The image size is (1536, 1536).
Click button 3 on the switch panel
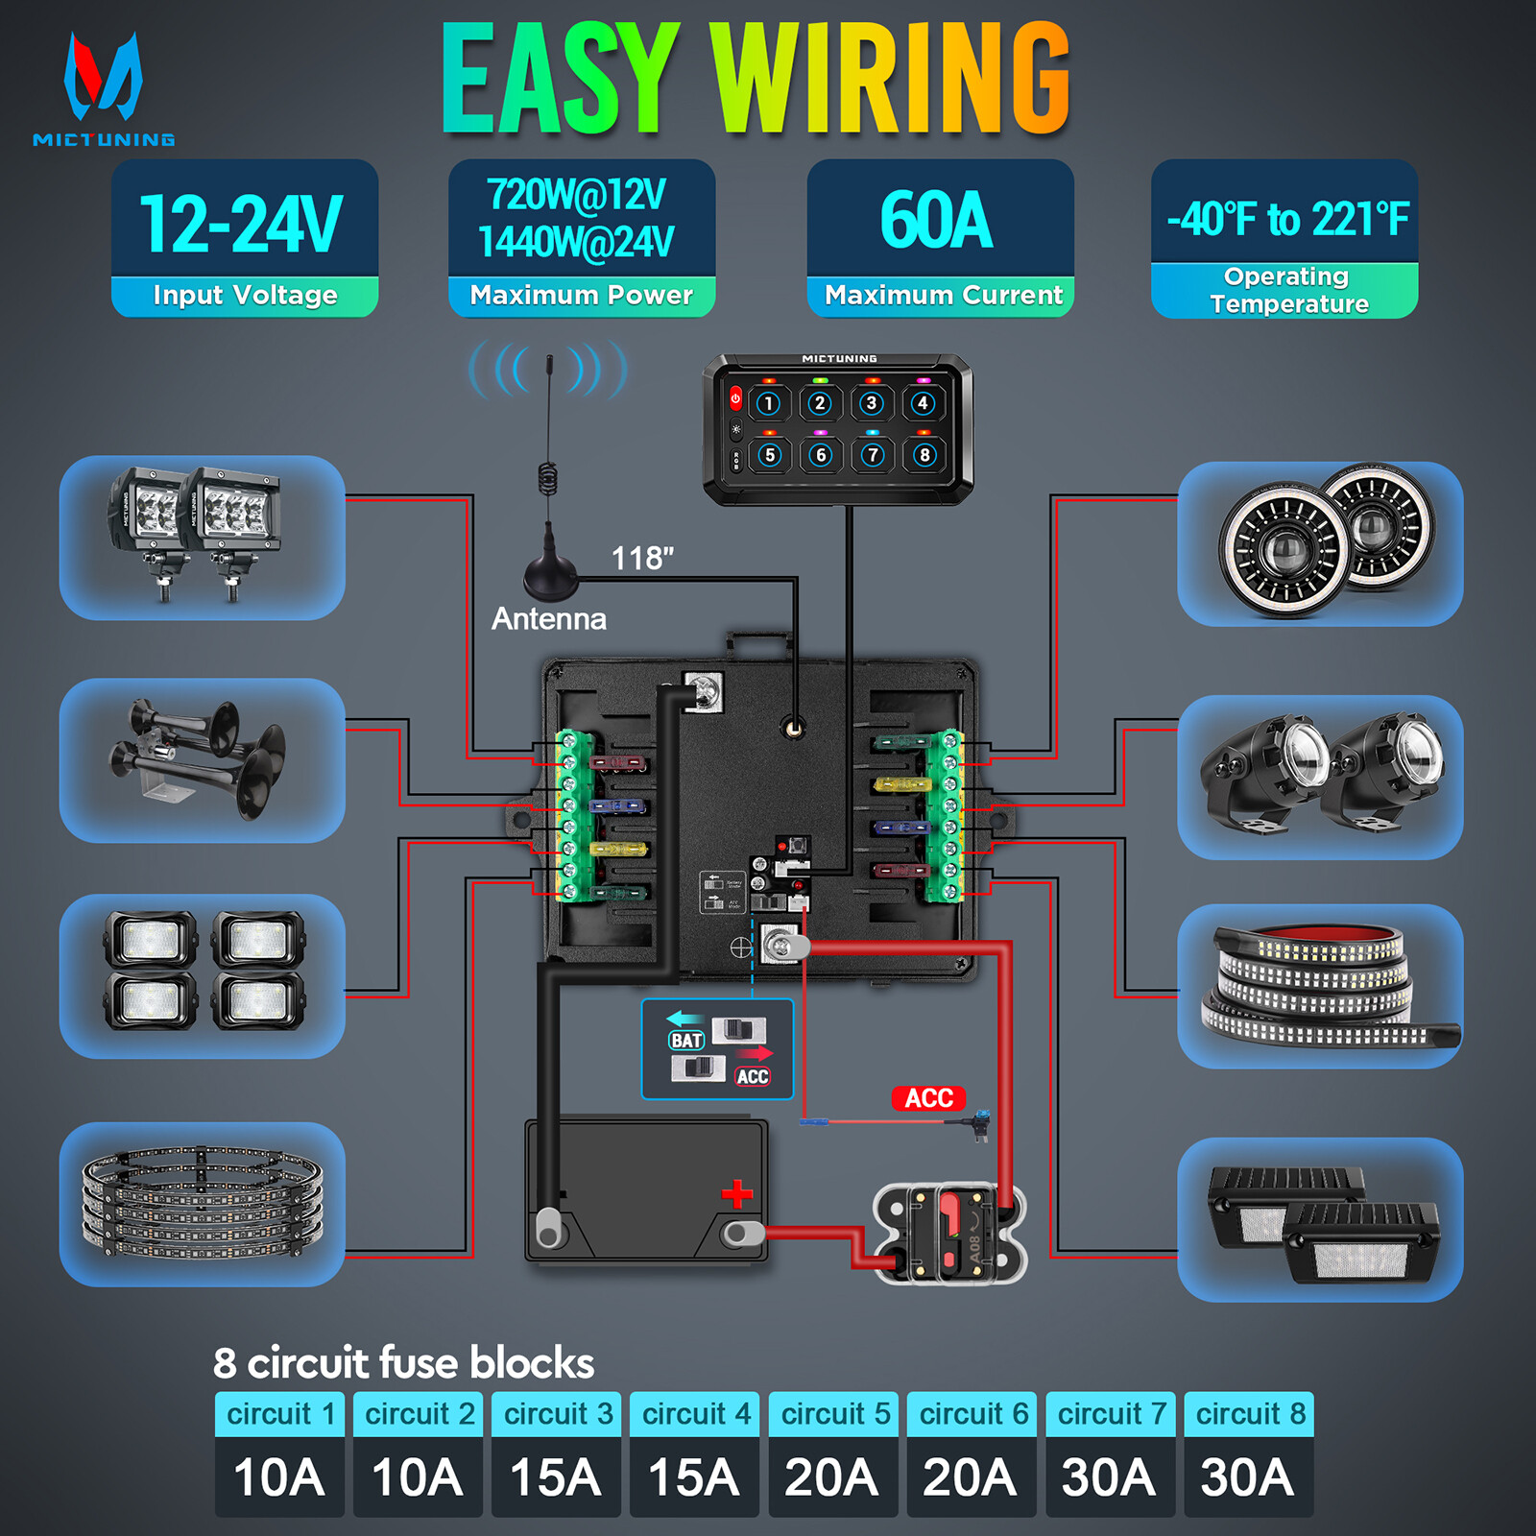[871, 403]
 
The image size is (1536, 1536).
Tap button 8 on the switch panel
[924, 455]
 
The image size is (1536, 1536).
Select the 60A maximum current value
[937, 220]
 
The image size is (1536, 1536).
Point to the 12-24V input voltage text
[241, 224]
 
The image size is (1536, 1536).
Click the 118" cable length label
[642, 558]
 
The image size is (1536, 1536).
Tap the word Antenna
[548, 619]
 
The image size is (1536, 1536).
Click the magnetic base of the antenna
[550, 575]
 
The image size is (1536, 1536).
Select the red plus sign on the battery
[736, 1194]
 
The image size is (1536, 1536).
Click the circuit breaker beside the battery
[948, 1235]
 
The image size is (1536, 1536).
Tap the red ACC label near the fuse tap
[927, 1098]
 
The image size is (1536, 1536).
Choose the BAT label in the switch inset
[686, 1041]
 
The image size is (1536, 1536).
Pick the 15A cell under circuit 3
[556, 1476]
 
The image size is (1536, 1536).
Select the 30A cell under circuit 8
[1248, 1476]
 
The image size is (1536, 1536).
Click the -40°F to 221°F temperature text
[1286, 219]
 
